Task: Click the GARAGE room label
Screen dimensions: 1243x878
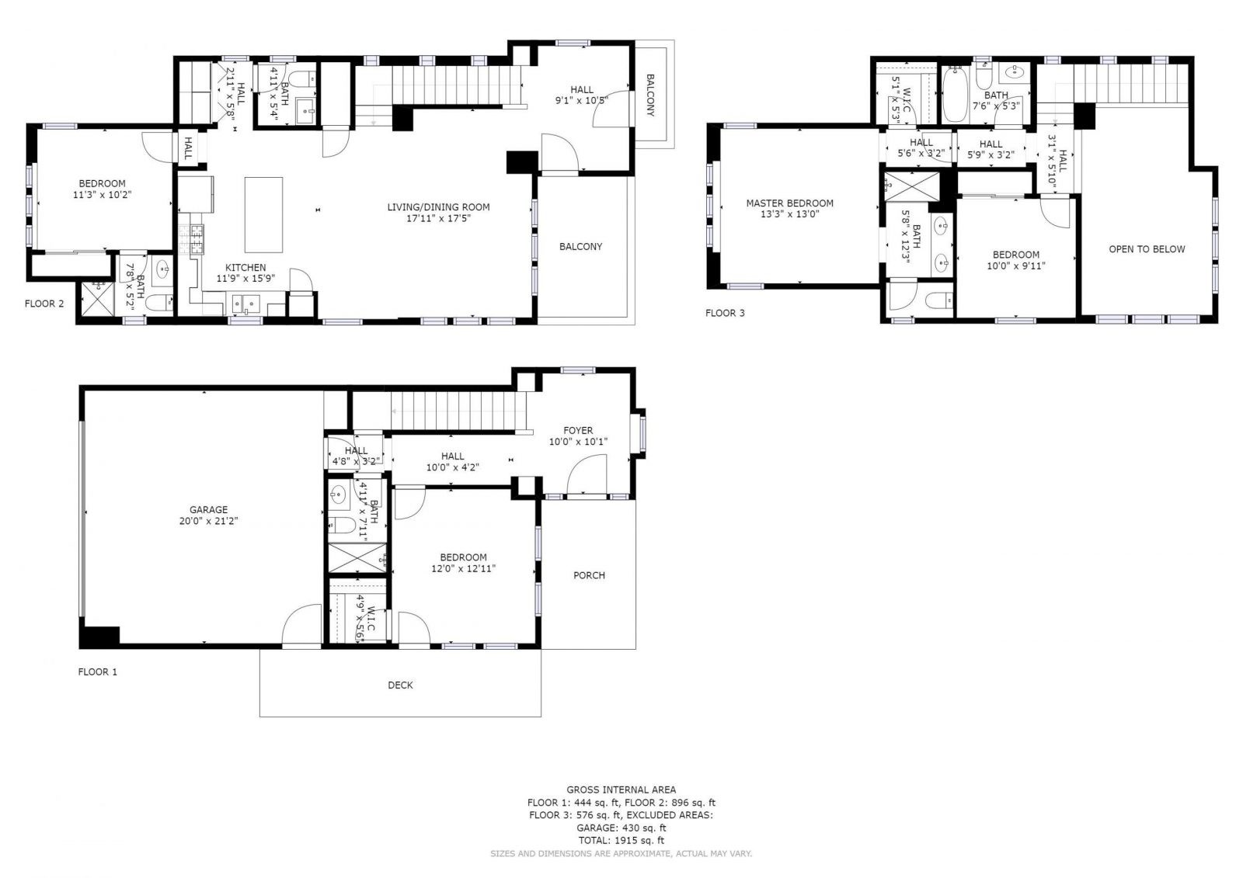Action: click(x=209, y=509)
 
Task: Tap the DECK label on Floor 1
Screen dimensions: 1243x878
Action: click(x=400, y=685)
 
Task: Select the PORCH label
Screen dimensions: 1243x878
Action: click(x=589, y=575)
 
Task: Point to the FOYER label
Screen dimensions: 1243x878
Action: click(x=578, y=430)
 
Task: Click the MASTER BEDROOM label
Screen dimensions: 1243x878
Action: click(x=789, y=203)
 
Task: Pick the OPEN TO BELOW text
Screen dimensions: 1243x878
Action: click(x=1147, y=249)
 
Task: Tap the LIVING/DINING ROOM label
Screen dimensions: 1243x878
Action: click(x=438, y=206)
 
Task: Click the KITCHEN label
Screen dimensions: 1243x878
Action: click(x=245, y=267)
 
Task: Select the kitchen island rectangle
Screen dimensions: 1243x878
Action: click(x=263, y=214)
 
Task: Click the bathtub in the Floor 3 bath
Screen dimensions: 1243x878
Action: click(x=955, y=95)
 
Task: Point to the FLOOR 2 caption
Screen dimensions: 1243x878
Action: click(x=44, y=304)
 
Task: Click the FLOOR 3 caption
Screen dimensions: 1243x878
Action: click(x=725, y=313)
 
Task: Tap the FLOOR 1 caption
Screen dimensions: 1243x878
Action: click(x=98, y=672)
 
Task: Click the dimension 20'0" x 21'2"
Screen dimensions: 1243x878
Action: click(x=209, y=521)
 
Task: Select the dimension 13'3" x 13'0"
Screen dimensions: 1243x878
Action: click(x=789, y=214)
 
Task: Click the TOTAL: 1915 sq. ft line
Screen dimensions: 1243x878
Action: click(x=621, y=840)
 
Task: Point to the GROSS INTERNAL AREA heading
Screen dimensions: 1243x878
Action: click(x=621, y=790)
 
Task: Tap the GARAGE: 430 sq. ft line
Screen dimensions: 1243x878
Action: click(x=621, y=828)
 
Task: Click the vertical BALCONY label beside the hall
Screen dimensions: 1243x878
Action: click(x=650, y=95)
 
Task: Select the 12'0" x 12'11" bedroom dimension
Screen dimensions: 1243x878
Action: click(x=463, y=568)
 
